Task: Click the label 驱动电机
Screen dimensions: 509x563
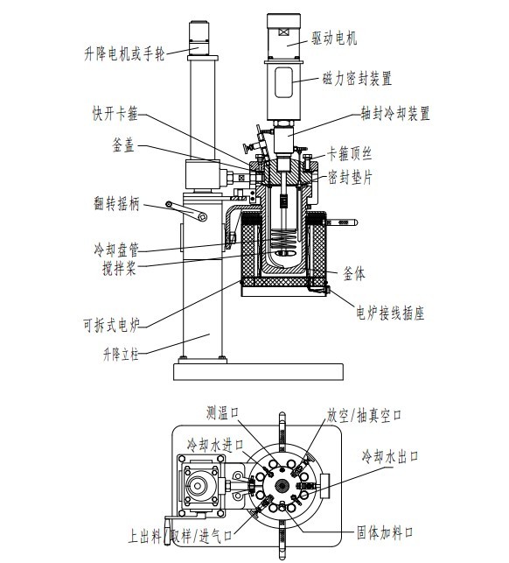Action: (x=334, y=39)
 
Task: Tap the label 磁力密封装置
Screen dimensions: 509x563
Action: (x=357, y=78)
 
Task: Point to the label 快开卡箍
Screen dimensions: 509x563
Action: (x=115, y=114)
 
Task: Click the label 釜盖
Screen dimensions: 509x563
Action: (x=123, y=145)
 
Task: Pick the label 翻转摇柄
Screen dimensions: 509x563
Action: (x=116, y=204)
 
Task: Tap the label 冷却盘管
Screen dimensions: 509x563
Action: (x=116, y=250)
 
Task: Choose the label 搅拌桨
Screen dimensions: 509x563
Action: (x=119, y=268)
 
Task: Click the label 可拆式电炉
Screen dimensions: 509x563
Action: (x=111, y=326)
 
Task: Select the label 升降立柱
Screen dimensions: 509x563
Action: (x=121, y=355)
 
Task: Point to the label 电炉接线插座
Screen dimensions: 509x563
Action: (x=390, y=313)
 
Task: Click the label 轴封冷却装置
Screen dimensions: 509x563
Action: (x=395, y=114)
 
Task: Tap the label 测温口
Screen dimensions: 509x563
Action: (x=223, y=412)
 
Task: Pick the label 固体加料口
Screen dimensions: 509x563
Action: (x=385, y=532)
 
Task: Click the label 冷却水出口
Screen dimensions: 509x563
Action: (x=390, y=456)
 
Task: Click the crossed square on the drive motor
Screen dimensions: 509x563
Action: (x=283, y=32)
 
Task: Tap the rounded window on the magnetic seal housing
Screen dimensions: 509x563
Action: (x=283, y=82)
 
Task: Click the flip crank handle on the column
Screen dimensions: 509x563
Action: (x=186, y=210)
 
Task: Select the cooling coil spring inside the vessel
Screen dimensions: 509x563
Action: (x=284, y=240)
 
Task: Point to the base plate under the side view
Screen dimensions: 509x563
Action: (x=258, y=371)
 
